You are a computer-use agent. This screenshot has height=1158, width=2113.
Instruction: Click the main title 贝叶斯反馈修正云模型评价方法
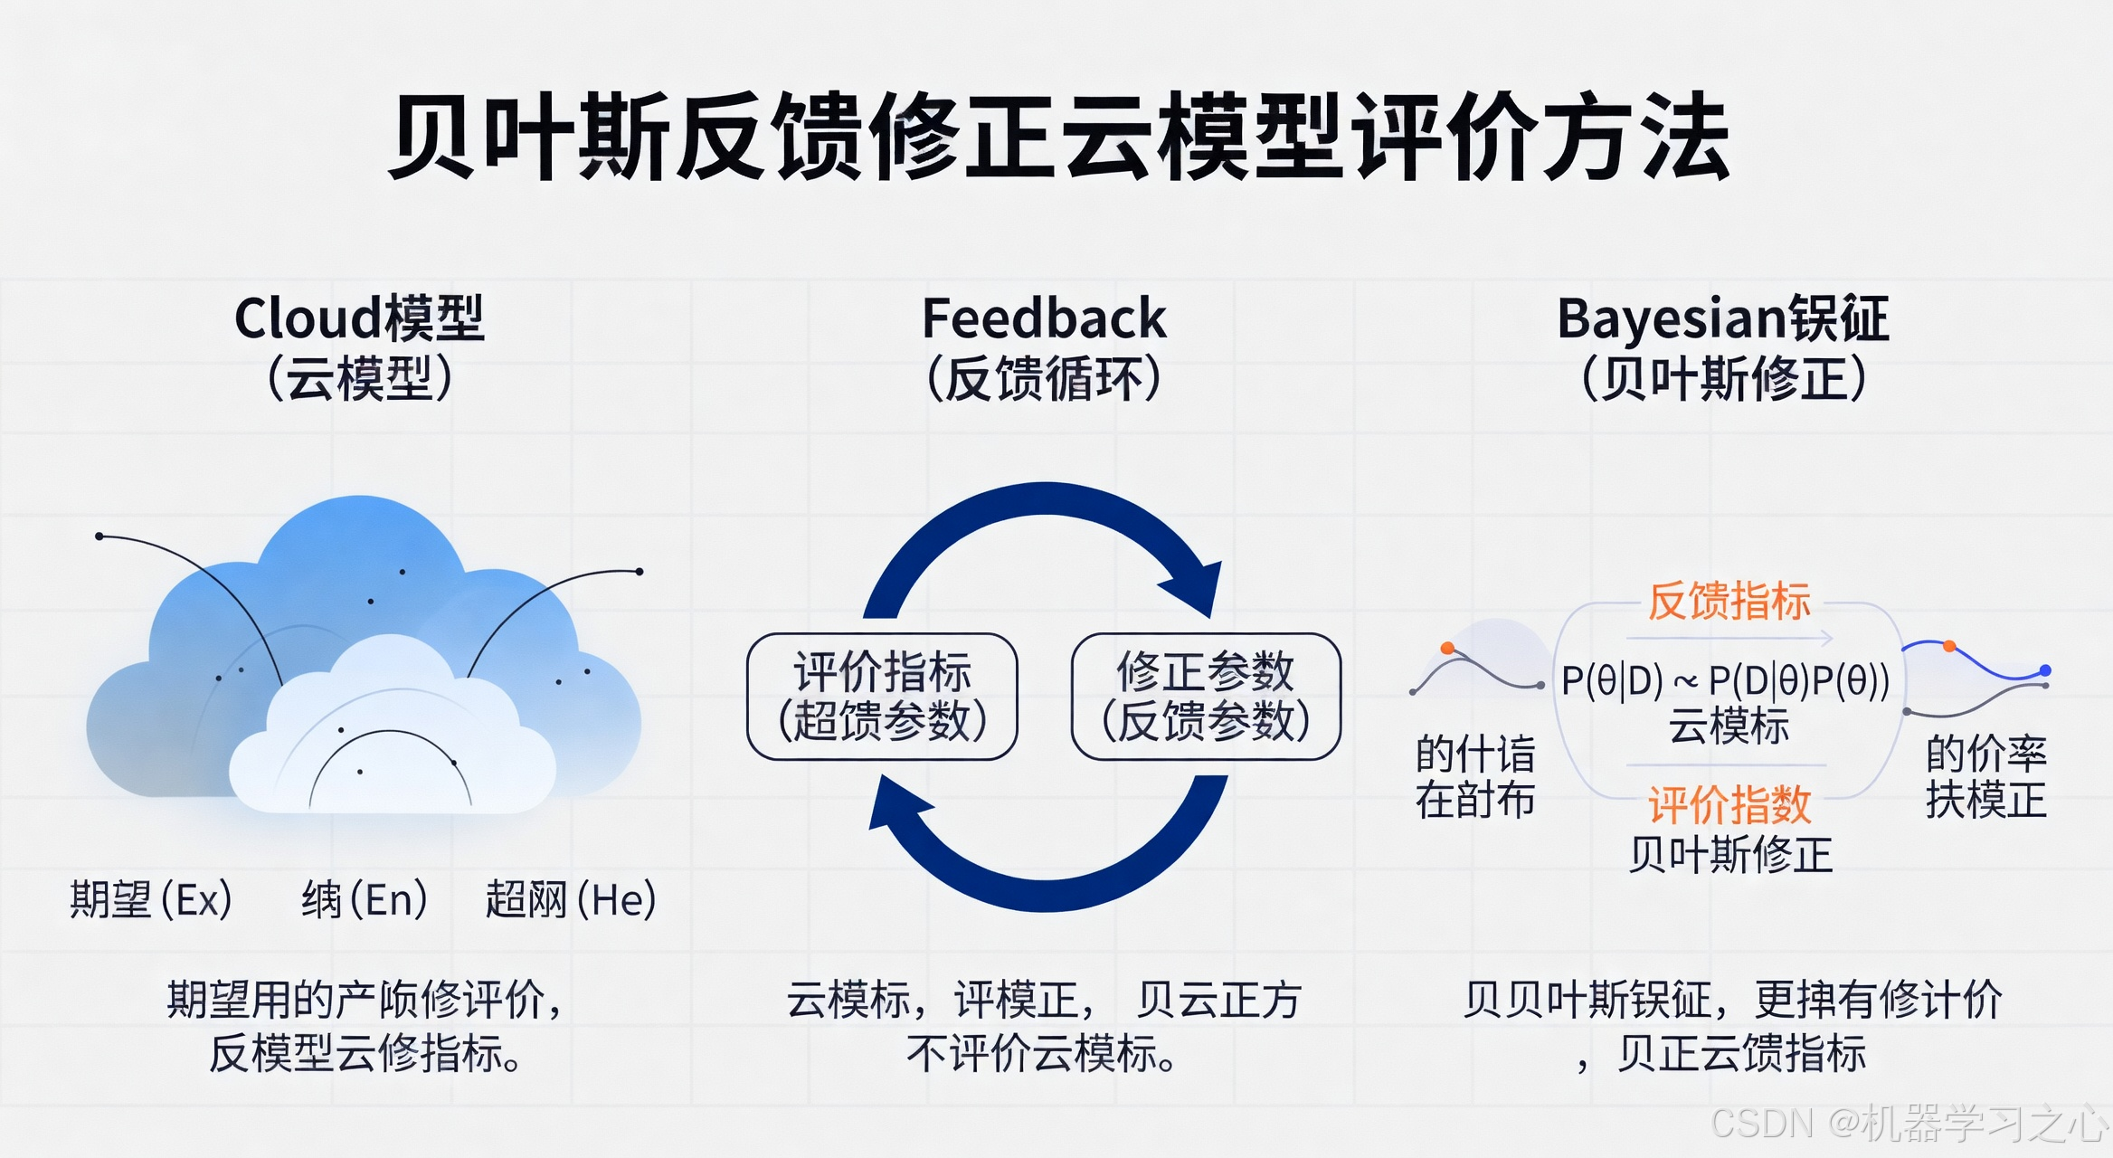pos(1058,138)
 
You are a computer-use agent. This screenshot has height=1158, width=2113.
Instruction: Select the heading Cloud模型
pos(359,318)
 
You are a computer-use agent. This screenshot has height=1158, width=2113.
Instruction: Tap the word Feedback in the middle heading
pos(1044,318)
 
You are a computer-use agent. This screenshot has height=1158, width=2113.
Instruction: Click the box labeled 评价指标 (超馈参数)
pos(882,697)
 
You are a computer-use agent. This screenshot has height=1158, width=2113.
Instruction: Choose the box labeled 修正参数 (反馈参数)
pos(1206,697)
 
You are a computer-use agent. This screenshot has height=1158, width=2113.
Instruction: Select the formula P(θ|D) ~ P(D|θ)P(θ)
pos(1725,681)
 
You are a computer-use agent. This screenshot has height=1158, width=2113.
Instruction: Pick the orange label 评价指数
pos(1729,804)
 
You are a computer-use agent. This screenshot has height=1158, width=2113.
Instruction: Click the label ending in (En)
pos(364,899)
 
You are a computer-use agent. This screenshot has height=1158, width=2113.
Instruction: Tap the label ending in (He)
pos(570,899)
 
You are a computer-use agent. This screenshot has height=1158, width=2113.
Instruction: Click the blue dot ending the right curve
pos(2045,670)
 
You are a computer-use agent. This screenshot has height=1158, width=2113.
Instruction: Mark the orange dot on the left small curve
pos(1447,648)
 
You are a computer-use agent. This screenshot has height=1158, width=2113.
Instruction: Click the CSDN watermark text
pos(1909,1123)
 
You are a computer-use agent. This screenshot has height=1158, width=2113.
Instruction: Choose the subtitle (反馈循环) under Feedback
pos(1044,378)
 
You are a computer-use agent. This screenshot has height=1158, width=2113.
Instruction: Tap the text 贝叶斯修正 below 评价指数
pos(1729,855)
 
